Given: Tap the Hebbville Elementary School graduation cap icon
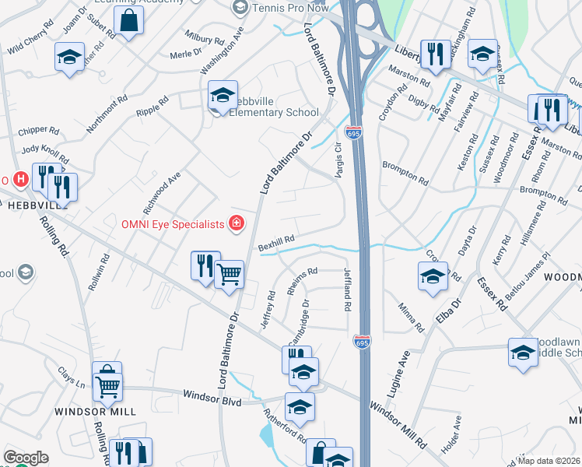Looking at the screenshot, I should (223, 95).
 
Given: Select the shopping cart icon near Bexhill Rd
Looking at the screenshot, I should (229, 273).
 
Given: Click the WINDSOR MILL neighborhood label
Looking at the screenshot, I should (95, 411).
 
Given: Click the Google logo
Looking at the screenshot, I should (26, 458).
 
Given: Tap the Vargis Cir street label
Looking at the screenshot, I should (338, 160).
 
